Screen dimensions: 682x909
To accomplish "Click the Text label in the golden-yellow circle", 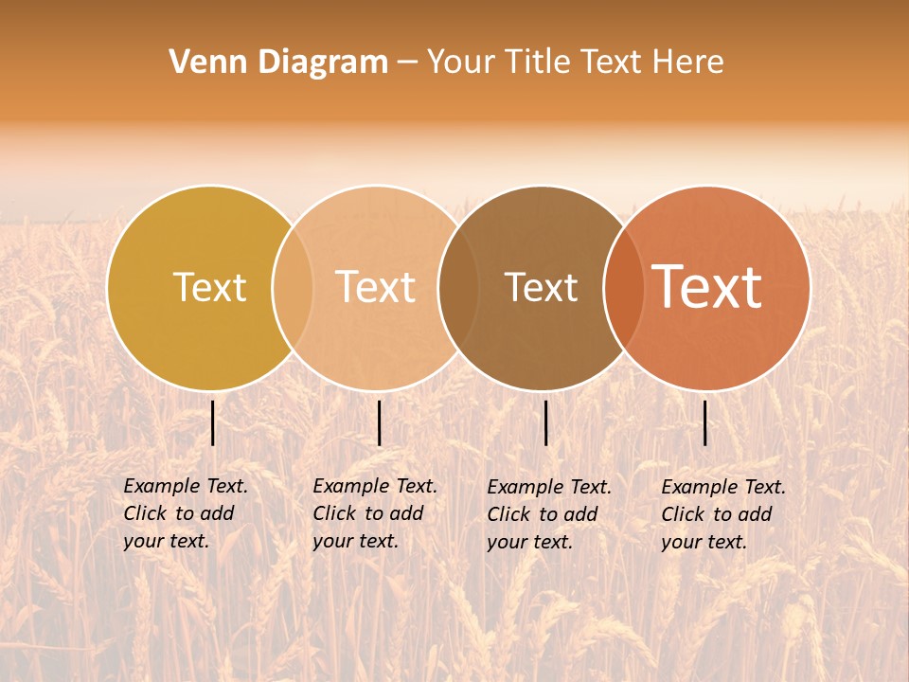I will [x=209, y=287].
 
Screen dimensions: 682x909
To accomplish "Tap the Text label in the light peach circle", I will [x=375, y=287].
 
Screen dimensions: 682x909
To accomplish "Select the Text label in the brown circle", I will [x=541, y=287].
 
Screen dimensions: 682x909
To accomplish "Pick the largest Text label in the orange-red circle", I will [x=707, y=286].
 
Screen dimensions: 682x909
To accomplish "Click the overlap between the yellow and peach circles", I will [x=293, y=287].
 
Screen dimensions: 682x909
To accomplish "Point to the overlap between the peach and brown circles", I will [x=458, y=287].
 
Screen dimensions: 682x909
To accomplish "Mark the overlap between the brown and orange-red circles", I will [x=623, y=287].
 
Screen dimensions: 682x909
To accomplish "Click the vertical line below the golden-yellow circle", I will [x=213, y=422].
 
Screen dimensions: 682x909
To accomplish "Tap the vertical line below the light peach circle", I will [x=379, y=422].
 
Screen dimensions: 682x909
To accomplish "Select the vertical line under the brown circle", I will [x=545, y=422].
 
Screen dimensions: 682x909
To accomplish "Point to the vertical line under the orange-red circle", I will [x=705, y=422].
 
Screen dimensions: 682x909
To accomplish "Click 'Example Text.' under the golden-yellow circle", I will [x=186, y=486].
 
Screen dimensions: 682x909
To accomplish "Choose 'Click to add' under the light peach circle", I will [x=367, y=513].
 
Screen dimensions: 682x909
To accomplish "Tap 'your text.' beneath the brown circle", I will [x=529, y=542].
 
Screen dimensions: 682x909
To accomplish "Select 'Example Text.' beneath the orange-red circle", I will [x=723, y=487].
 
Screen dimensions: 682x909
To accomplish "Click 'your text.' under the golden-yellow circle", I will [x=166, y=541].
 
